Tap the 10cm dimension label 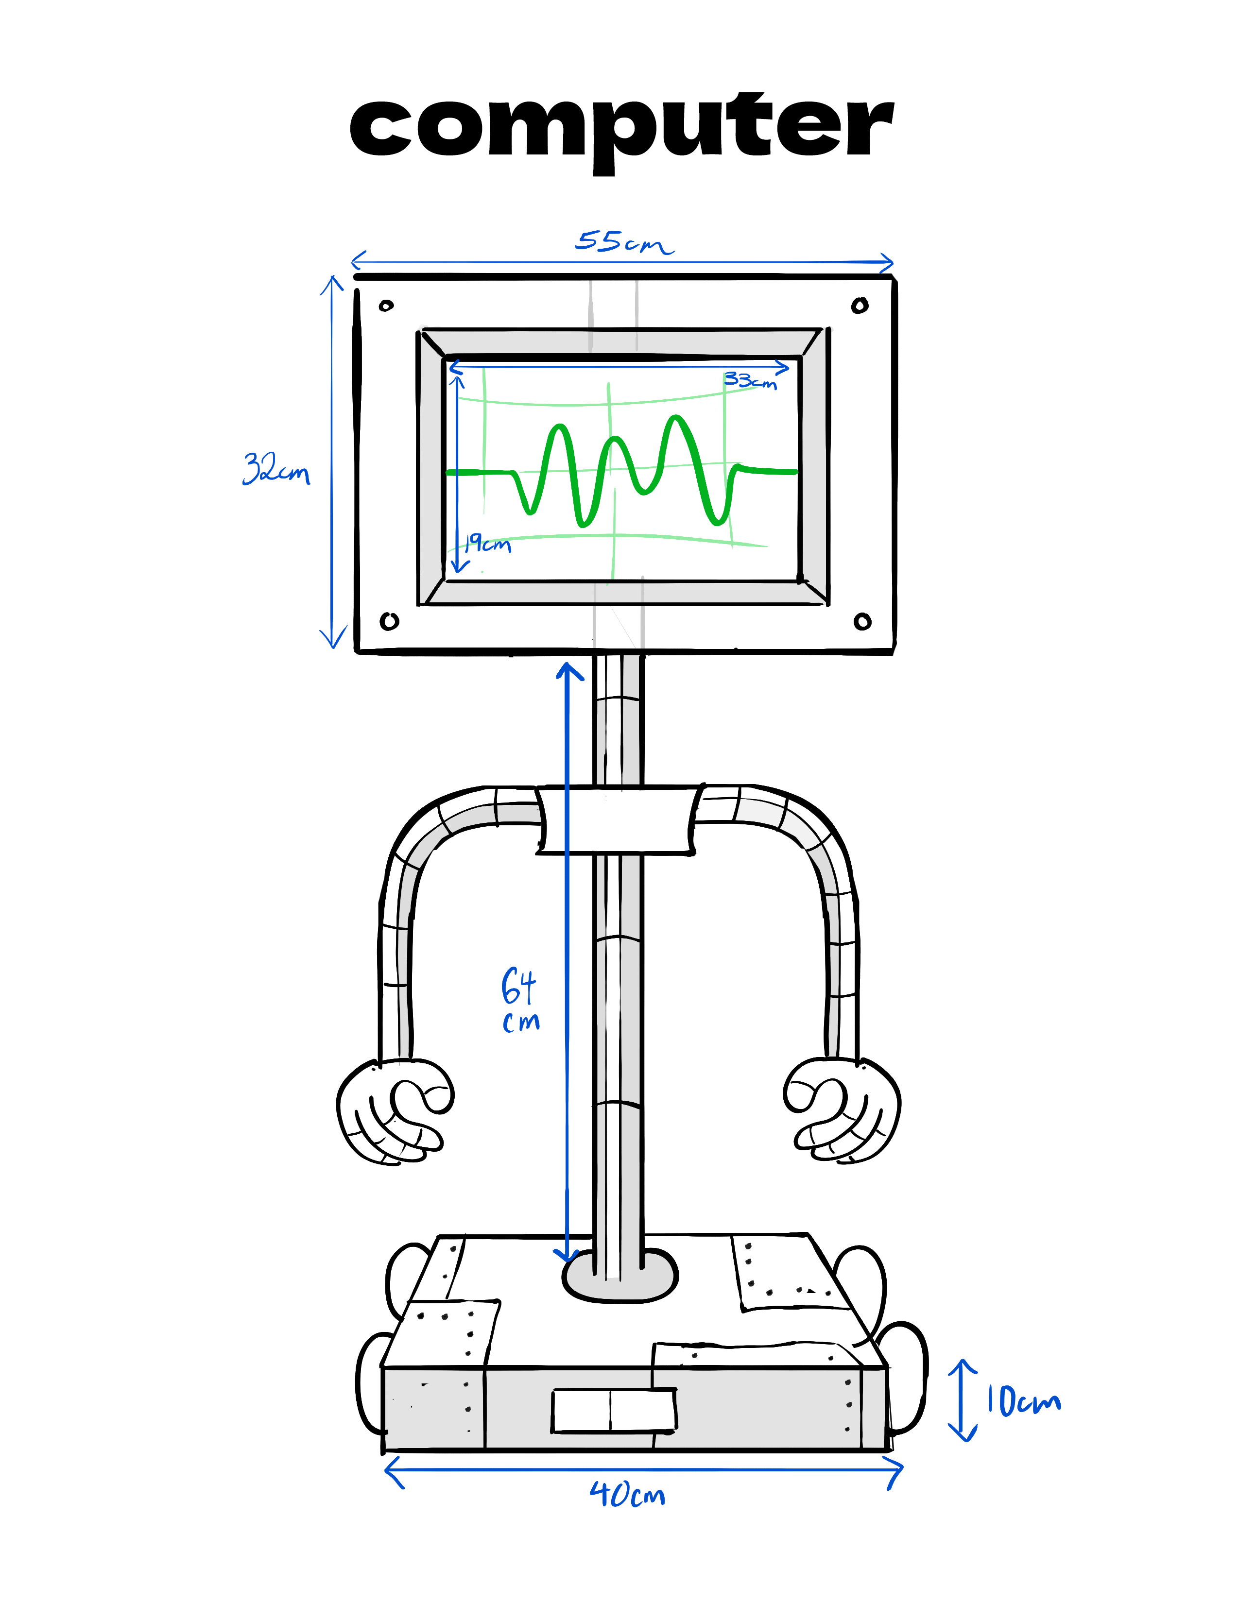point(1022,1400)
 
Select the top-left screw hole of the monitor point(386,306)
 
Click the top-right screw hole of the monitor point(860,306)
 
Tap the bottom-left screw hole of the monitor point(389,621)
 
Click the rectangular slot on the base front point(614,1410)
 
